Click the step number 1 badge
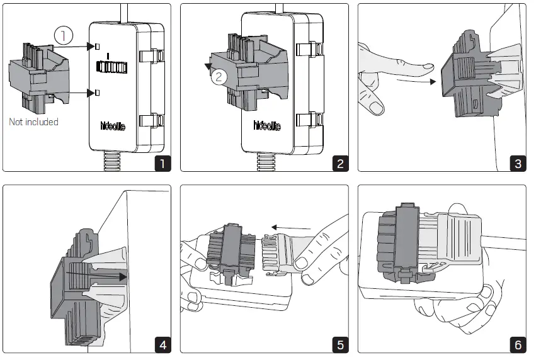click(x=163, y=164)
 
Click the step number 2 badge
click(x=340, y=164)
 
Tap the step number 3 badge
click(x=518, y=164)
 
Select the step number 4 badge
click(x=163, y=345)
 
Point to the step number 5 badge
click(x=340, y=345)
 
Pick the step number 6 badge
click(x=518, y=345)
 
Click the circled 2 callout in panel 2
click(x=218, y=77)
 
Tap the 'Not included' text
click(x=33, y=121)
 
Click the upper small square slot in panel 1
click(x=98, y=46)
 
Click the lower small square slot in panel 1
click(x=98, y=93)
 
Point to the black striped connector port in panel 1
click(x=109, y=66)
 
